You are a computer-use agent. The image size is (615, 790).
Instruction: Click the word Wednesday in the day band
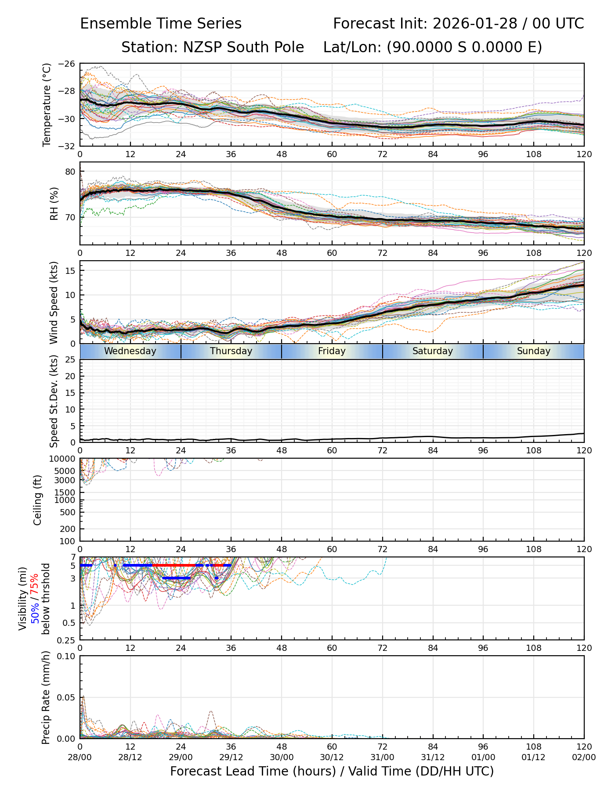(130, 351)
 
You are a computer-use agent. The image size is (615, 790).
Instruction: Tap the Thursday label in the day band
(231, 351)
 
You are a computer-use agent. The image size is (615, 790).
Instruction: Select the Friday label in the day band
(332, 351)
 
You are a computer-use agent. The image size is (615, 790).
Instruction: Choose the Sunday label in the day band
(533, 351)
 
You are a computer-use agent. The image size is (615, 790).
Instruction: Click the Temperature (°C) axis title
(47, 104)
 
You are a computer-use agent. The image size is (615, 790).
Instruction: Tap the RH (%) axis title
(54, 203)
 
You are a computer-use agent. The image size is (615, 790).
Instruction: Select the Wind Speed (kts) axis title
(54, 302)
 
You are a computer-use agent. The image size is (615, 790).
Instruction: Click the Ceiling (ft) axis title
(38, 500)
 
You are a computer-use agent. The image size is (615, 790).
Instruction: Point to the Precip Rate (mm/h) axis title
(46, 697)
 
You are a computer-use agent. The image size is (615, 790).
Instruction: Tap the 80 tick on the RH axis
(70, 172)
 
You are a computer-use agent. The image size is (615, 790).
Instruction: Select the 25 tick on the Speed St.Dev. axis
(70, 360)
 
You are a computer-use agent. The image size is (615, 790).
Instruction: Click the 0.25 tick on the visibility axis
(67, 640)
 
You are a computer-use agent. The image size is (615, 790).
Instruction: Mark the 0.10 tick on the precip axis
(67, 656)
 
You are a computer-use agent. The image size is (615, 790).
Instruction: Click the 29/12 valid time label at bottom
(231, 757)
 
